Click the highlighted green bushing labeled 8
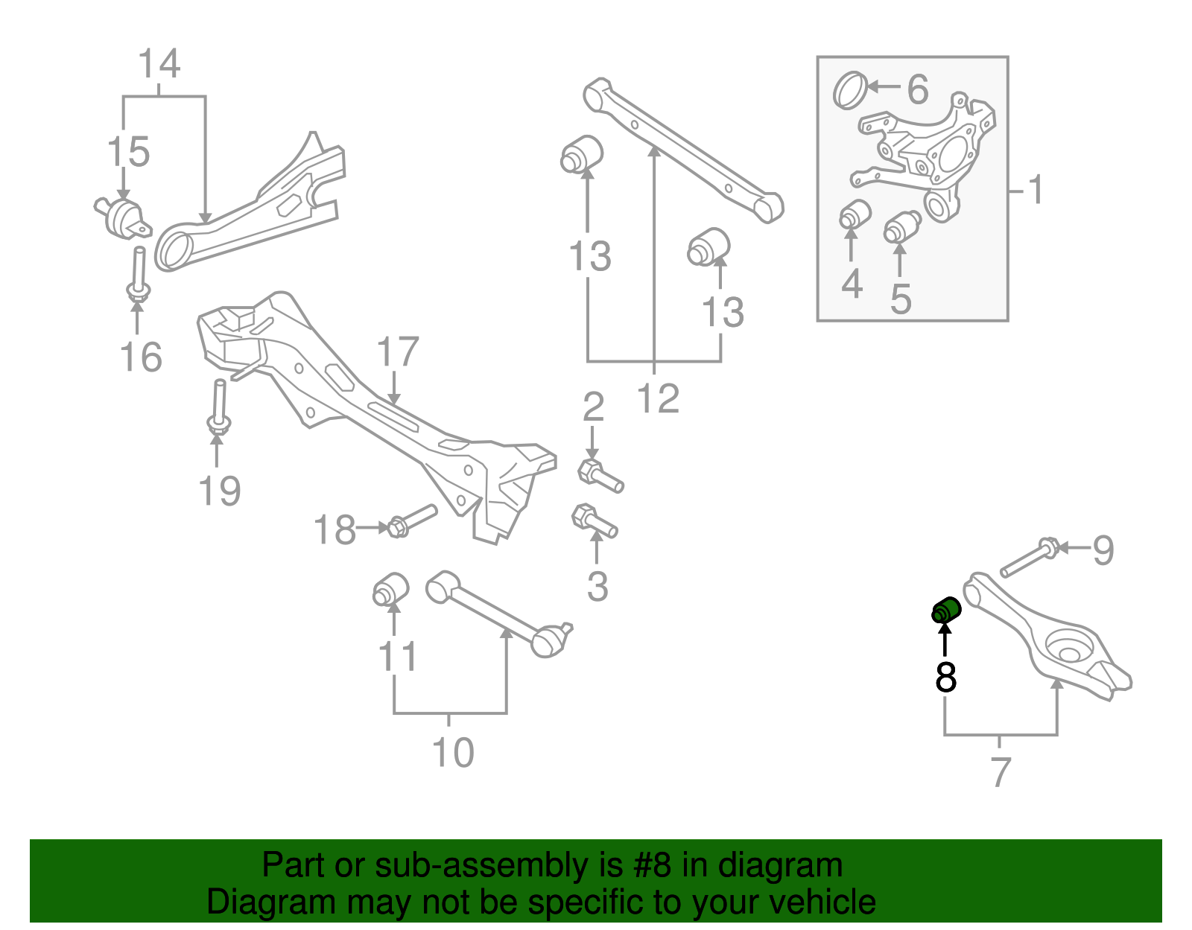(946, 610)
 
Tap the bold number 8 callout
(945, 677)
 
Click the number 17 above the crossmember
(398, 352)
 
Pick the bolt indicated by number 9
(1028, 560)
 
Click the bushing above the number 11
(390, 589)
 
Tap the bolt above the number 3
(594, 521)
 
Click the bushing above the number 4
(855, 214)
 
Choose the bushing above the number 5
(901, 226)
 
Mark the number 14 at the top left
(159, 64)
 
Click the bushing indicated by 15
(122, 216)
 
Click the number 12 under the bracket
(659, 398)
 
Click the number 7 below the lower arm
(1001, 771)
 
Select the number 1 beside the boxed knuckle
(1036, 190)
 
